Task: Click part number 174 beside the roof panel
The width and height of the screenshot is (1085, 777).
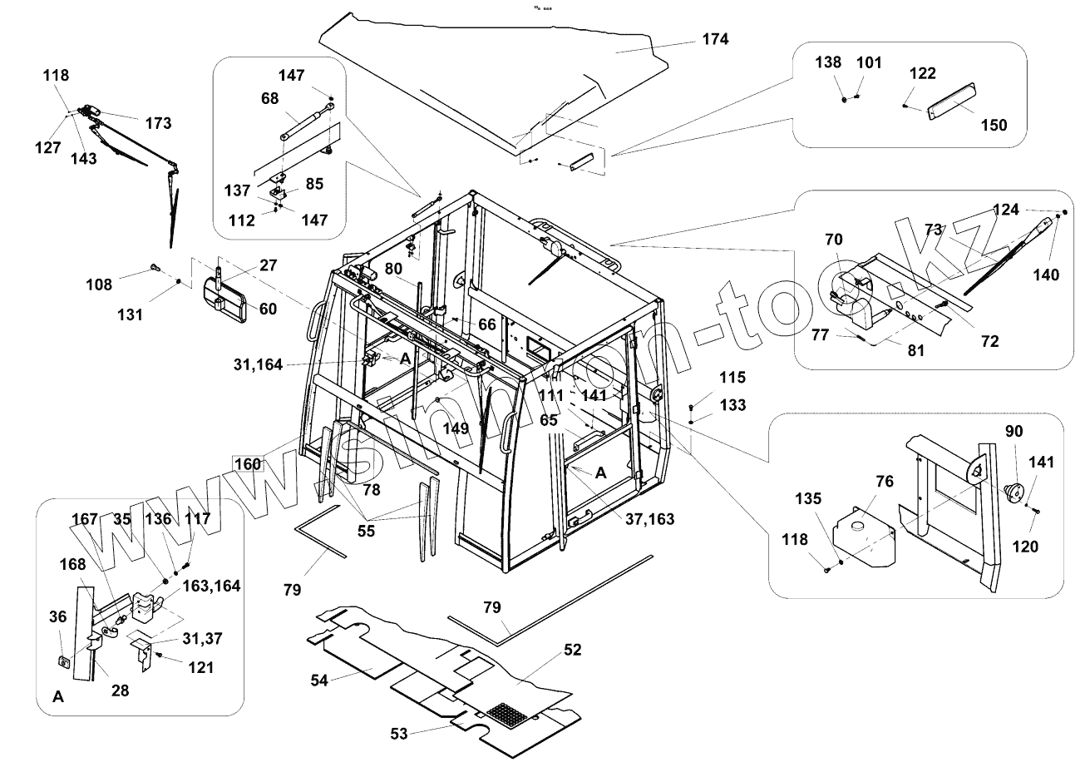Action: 714,39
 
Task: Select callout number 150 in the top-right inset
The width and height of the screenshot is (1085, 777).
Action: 993,125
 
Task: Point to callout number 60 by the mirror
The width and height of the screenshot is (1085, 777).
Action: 268,309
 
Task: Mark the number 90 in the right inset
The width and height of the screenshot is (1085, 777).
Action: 1013,431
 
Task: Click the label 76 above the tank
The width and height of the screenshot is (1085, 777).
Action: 884,483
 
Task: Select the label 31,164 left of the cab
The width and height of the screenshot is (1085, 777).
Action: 259,364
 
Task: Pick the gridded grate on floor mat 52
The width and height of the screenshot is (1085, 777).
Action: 509,714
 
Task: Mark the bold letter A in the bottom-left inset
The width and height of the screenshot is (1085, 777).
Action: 58,697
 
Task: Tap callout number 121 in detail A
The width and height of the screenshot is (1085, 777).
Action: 200,667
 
